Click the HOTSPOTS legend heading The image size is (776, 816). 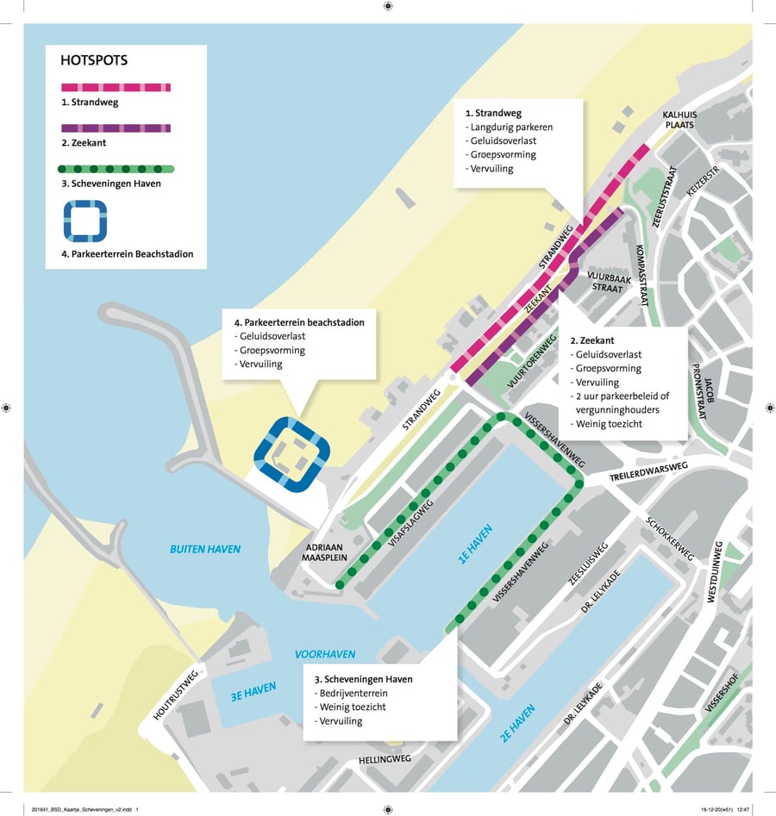pyautogui.click(x=94, y=61)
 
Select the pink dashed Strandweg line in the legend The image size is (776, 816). pyautogui.click(x=116, y=87)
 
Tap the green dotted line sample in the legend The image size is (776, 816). pyautogui.click(x=116, y=169)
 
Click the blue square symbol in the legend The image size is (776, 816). pyautogui.click(x=84, y=221)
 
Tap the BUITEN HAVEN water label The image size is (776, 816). pyautogui.click(x=205, y=549)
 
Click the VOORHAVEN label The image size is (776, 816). pyautogui.click(x=325, y=654)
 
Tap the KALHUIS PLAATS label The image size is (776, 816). pyautogui.click(x=679, y=119)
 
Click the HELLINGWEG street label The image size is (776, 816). pyautogui.click(x=385, y=759)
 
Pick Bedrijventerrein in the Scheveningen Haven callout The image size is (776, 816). pyautogui.click(x=356, y=693)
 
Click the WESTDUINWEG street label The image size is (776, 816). pyautogui.click(x=714, y=572)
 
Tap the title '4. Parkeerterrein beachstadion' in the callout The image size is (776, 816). pyautogui.click(x=299, y=322)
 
